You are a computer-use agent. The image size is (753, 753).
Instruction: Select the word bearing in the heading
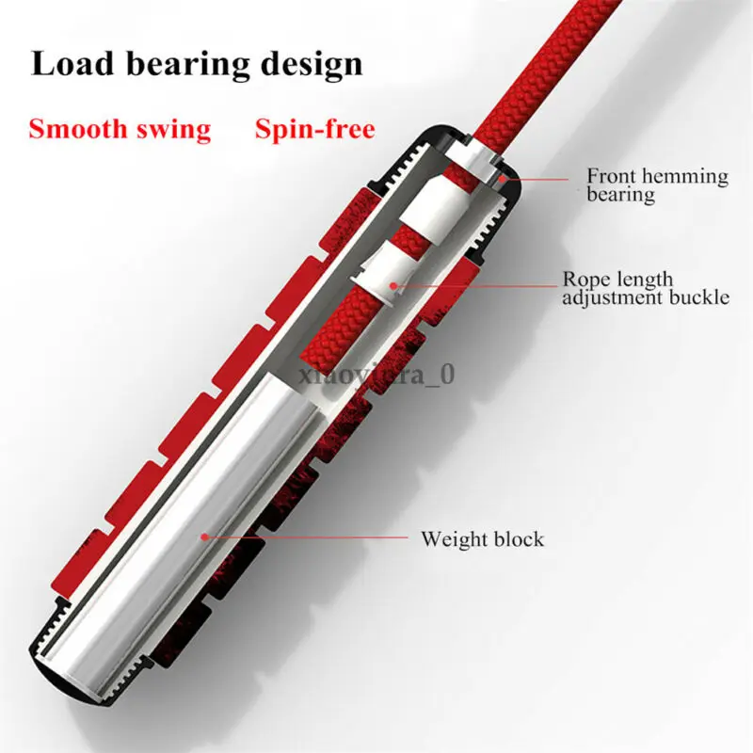pyautogui.click(x=183, y=64)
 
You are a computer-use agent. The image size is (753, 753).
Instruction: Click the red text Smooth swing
pyautogui.click(x=120, y=128)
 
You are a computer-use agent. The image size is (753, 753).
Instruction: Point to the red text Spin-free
pyautogui.click(x=314, y=128)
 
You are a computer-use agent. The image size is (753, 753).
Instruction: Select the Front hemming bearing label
pyautogui.click(x=657, y=184)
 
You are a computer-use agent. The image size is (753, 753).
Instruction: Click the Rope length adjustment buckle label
pyautogui.click(x=646, y=288)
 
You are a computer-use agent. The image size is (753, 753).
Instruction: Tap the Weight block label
pyautogui.click(x=482, y=539)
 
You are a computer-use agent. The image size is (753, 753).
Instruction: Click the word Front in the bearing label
pyautogui.click(x=613, y=175)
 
